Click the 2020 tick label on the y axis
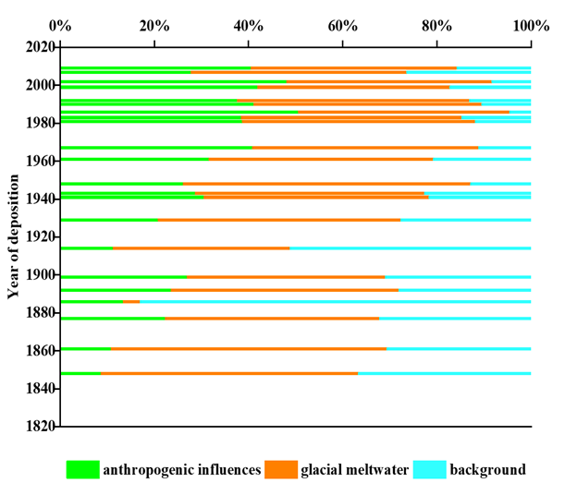(x=41, y=46)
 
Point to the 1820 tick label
(x=41, y=427)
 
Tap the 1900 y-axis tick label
(x=41, y=275)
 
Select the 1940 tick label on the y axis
(x=41, y=199)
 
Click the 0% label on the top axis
(x=60, y=25)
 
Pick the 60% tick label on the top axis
(x=342, y=25)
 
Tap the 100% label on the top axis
(x=530, y=25)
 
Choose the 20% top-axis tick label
(x=154, y=25)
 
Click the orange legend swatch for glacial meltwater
(x=281, y=469)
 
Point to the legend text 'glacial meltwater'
(x=353, y=469)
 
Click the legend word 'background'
(x=488, y=469)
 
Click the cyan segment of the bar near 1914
(x=411, y=248)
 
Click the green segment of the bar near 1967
(x=156, y=148)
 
